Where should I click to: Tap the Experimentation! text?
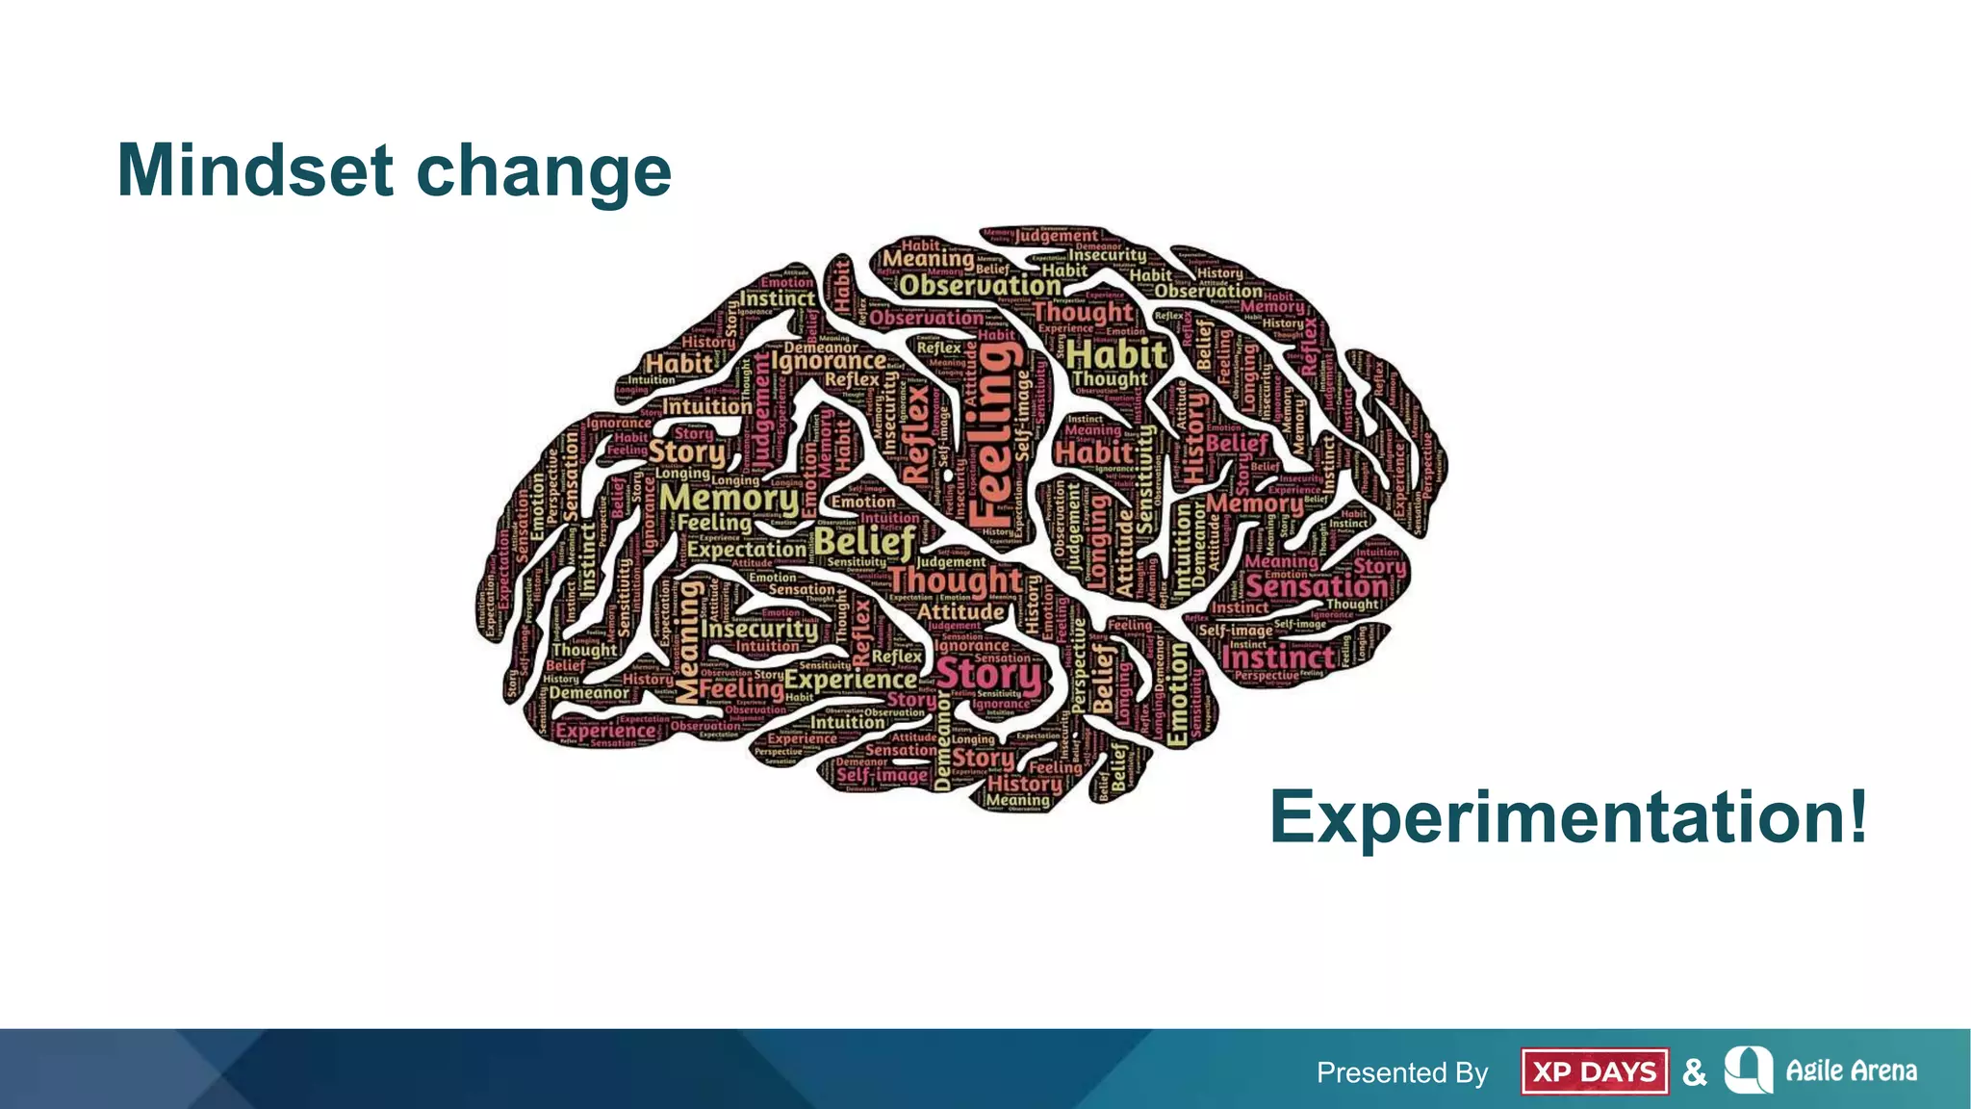coord(1568,817)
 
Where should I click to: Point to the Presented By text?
coord(1401,1072)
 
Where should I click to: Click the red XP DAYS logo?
coord(1594,1071)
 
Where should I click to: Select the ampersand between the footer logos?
coord(1694,1072)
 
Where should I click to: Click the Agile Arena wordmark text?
coord(1851,1070)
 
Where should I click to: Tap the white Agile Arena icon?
coord(1748,1070)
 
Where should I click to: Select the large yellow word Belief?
coord(864,541)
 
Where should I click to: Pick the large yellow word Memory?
coord(730,499)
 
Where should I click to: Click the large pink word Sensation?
coord(1317,586)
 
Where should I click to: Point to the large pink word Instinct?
coord(1278,658)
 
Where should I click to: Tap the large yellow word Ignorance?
coord(829,362)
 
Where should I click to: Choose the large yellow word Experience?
coord(850,680)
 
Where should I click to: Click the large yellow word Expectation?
coord(746,550)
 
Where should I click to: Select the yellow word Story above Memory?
coord(686,451)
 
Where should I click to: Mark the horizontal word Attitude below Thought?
coord(960,611)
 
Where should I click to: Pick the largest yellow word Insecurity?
coord(759,630)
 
